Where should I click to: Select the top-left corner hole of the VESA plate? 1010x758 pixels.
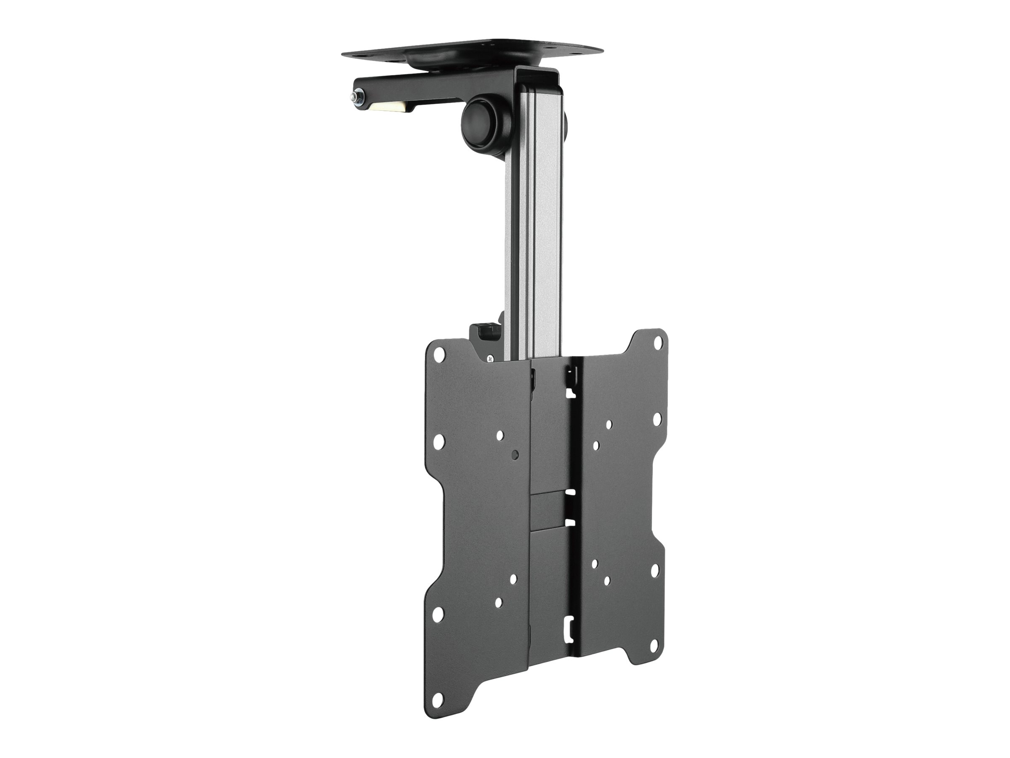(439, 353)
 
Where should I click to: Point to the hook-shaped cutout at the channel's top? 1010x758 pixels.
(570, 392)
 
